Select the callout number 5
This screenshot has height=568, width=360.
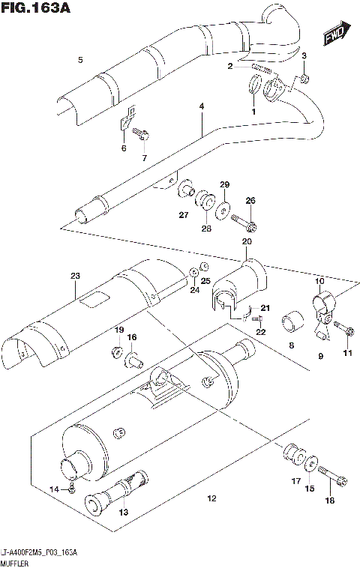point(80,59)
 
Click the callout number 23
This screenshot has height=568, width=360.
point(75,277)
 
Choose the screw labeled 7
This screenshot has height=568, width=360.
point(141,134)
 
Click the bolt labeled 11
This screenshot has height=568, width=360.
point(346,330)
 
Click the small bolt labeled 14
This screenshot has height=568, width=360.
point(71,489)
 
